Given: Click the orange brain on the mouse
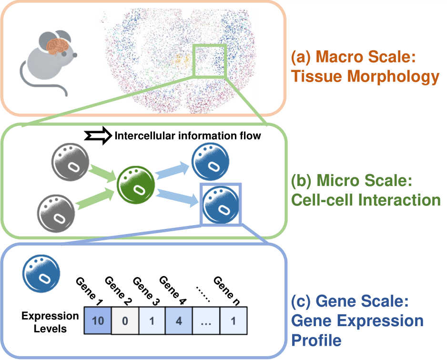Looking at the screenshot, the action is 58,46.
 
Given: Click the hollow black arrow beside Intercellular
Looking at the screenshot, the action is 98,136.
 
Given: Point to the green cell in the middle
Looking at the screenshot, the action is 136,185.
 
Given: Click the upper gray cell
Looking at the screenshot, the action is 70,162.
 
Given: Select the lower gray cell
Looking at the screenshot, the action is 56,214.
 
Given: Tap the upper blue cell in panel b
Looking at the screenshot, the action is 210,162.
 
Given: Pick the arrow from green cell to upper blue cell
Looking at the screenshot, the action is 172,171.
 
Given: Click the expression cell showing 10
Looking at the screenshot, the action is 98,320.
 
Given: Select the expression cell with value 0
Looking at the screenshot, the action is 125,320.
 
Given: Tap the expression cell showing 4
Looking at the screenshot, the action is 179,320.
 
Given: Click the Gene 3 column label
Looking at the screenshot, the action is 146,291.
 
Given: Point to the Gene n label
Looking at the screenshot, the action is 227,291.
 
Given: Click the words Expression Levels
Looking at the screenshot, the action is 50,322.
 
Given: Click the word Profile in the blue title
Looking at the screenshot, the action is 316,340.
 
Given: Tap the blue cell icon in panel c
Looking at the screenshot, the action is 41,274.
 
